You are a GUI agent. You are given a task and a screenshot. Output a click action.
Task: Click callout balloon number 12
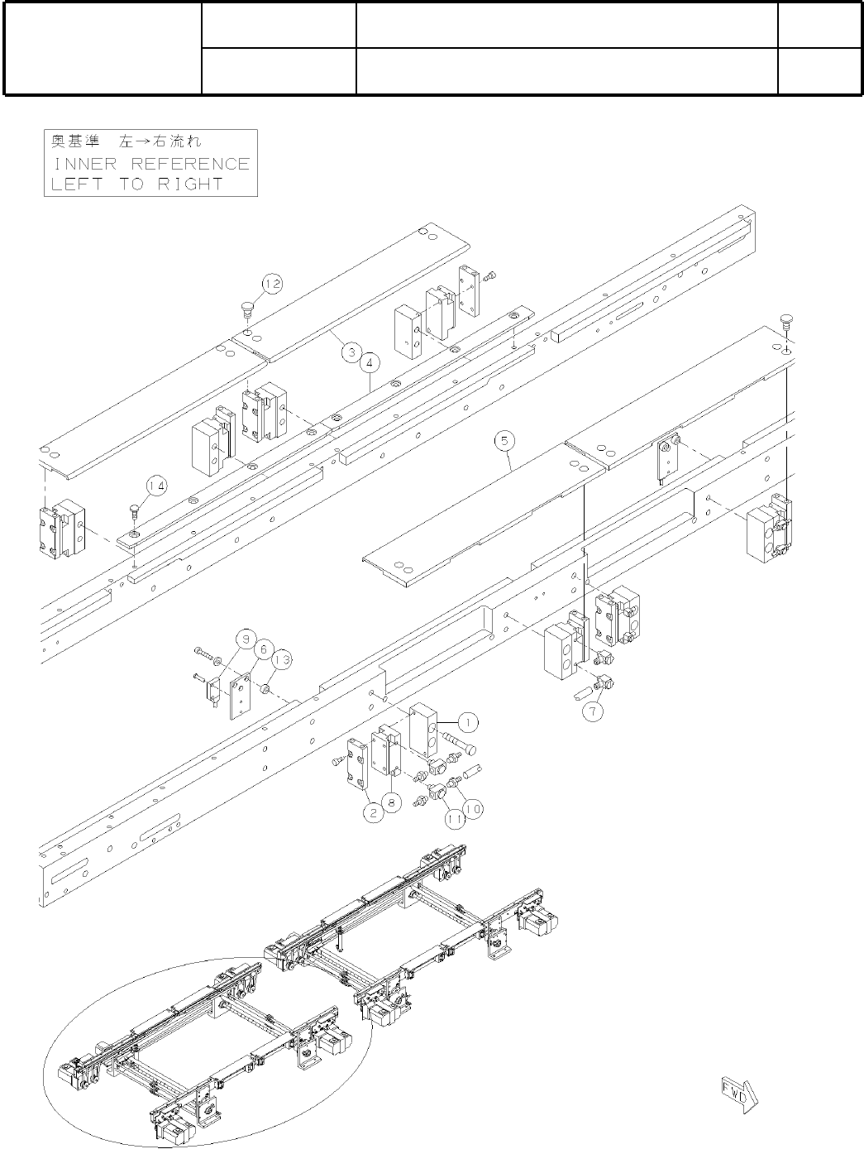tap(273, 284)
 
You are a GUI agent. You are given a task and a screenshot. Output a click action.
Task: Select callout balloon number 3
tap(351, 353)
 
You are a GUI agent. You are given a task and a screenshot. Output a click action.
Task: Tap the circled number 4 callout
tap(369, 361)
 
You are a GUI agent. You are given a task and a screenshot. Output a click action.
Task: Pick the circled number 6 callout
tap(263, 649)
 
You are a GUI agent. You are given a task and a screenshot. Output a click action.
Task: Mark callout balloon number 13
tap(281, 659)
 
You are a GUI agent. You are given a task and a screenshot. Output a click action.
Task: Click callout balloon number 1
tap(467, 722)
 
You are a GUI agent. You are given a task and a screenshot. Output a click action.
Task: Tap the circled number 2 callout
tap(375, 812)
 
